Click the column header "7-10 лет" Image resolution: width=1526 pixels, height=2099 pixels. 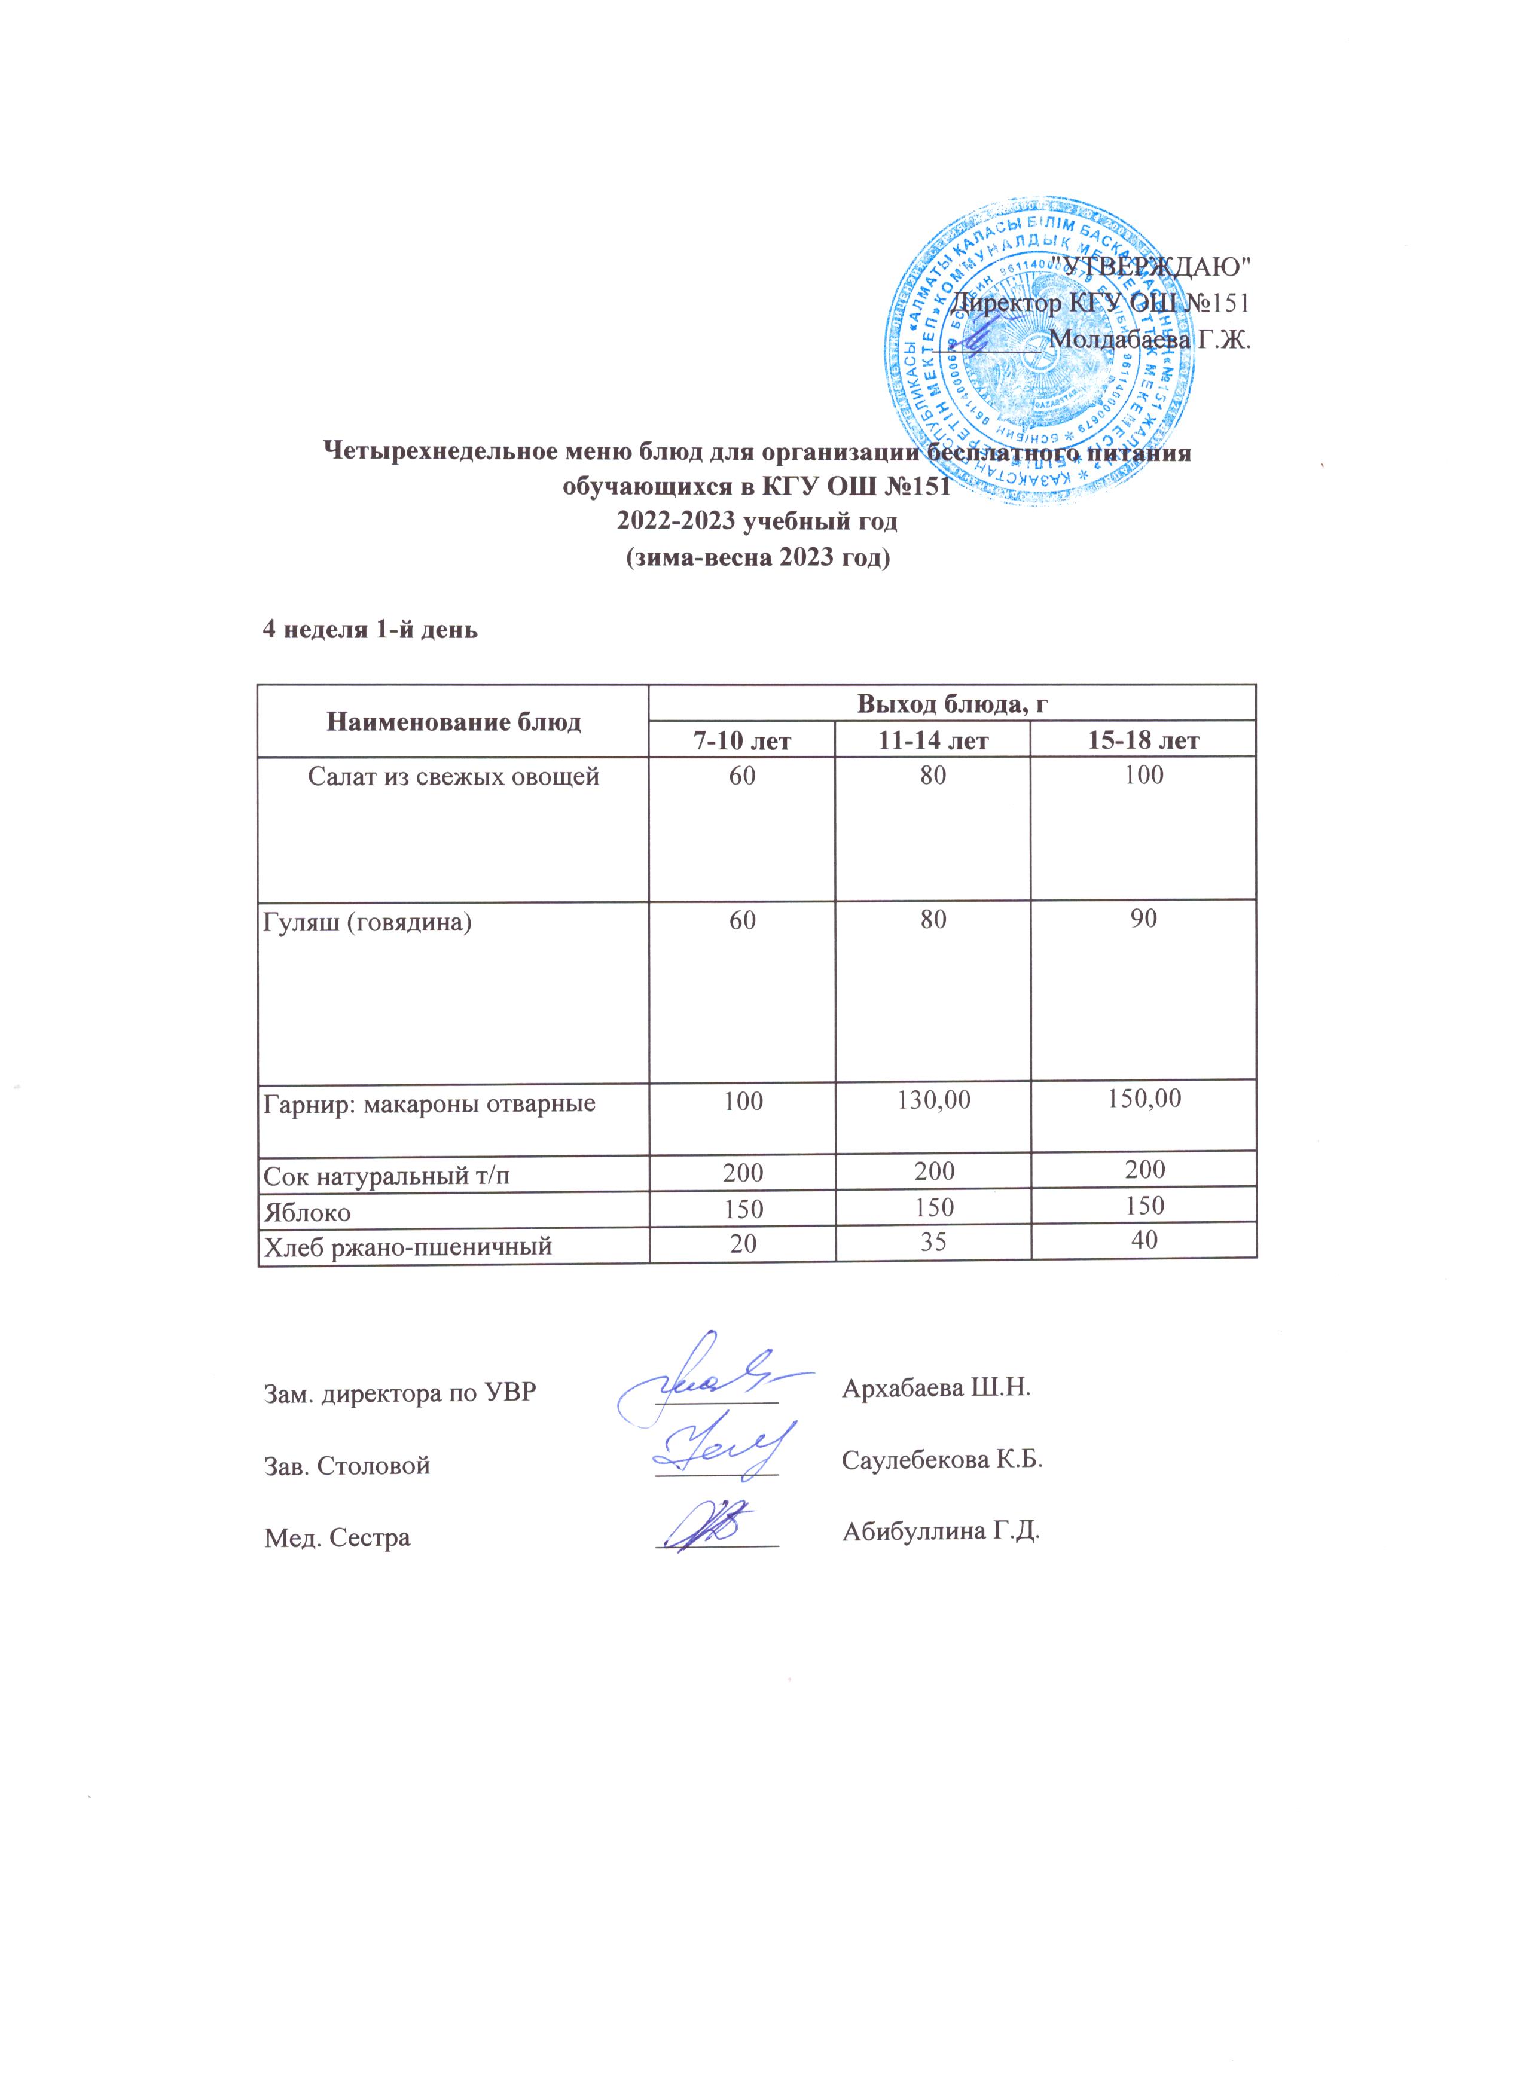741,740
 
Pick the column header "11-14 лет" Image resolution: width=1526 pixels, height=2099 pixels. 933,740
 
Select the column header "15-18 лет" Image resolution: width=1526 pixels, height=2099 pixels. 1144,740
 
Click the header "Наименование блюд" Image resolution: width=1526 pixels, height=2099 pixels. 453,722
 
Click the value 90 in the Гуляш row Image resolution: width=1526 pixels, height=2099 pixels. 1144,919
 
